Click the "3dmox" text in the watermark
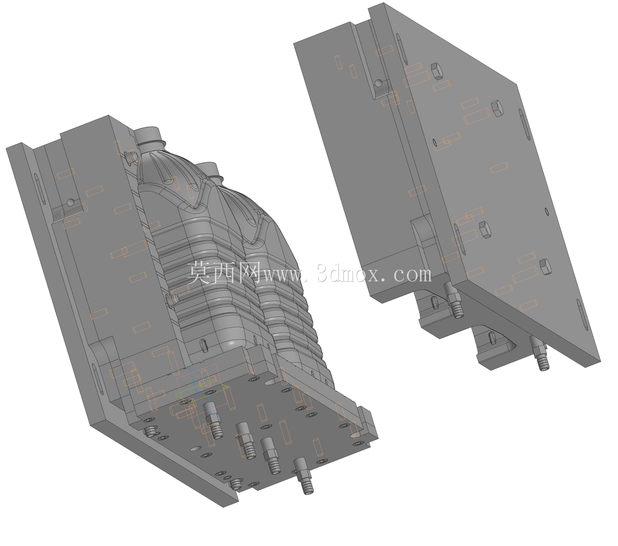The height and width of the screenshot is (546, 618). coord(348,274)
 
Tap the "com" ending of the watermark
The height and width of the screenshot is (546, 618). coord(413,275)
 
